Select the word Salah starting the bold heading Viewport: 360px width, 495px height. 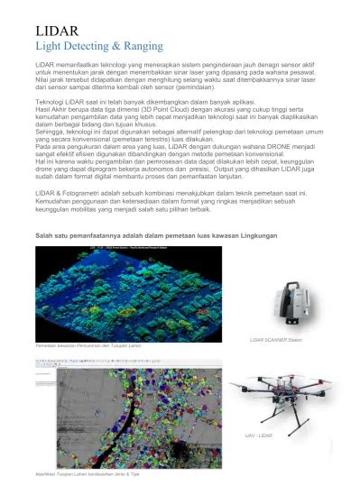coord(43,237)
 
